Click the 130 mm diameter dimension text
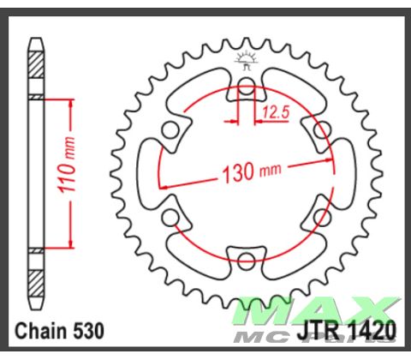[x=247, y=172]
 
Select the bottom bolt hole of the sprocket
[x=247, y=260]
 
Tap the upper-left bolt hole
[x=171, y=130]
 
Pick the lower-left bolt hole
[x=171, y=217]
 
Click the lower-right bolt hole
[x=322, y=217]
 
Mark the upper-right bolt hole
[x=322, y=130]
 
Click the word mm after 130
[x=270, y=171]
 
